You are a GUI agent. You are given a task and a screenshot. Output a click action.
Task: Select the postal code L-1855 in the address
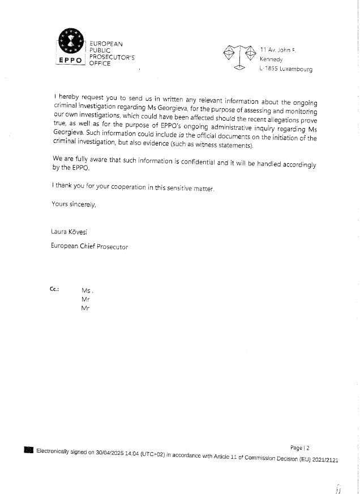(x=269, y=69)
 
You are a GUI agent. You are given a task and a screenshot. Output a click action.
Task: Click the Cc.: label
(x=55, y=289)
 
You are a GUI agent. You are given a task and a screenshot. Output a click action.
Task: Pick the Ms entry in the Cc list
(x=87, y=291)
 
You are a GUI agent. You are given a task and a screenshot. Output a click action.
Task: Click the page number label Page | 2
(x=300, y=448)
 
